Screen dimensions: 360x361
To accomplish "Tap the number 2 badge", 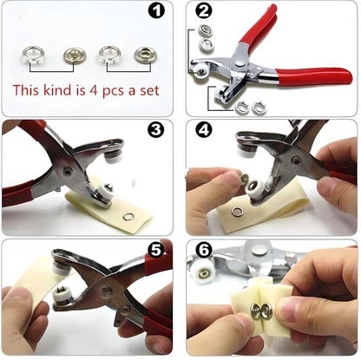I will (x=204, y=11).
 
